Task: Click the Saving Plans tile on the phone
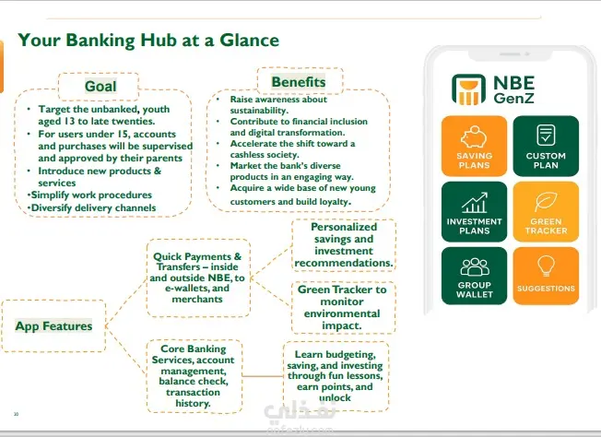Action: pos(474,146)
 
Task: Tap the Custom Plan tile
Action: pos(546,146)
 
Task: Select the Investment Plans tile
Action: pos(474,212)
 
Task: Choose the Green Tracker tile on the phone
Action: pos(546,212)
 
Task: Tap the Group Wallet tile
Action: pos(474,276)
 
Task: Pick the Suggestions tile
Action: pos(546,276)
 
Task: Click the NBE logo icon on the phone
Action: pos(468,89)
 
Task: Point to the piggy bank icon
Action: pos(474,136)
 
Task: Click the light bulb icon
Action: pos(546,266)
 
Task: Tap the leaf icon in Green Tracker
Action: pos(546,202)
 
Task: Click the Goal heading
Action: pos(100,87)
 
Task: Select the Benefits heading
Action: pos(299,82)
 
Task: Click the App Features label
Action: pos(53,325)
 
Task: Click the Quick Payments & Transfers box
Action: pos(198,278)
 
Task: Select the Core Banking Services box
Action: pos(194,376)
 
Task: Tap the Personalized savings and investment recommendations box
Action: pos(344,245)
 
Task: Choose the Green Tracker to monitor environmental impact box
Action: pos(343,308)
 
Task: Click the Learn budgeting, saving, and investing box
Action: pos(336,376)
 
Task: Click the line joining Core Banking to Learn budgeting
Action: pos(263,376)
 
